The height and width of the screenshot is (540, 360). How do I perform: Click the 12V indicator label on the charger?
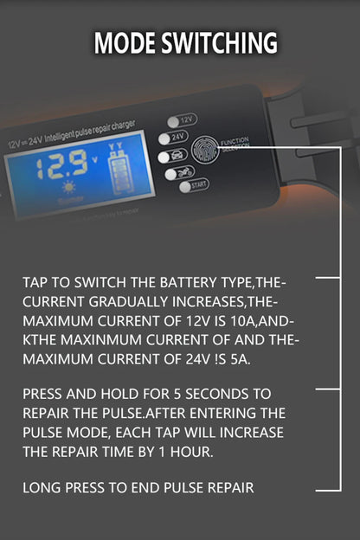[x=184, y=120]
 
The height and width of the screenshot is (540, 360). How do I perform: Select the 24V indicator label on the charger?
[x=178, y=136]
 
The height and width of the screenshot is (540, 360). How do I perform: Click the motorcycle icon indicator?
[x=184, y=171]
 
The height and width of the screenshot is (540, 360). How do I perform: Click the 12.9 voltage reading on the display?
[x=60, y=163]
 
